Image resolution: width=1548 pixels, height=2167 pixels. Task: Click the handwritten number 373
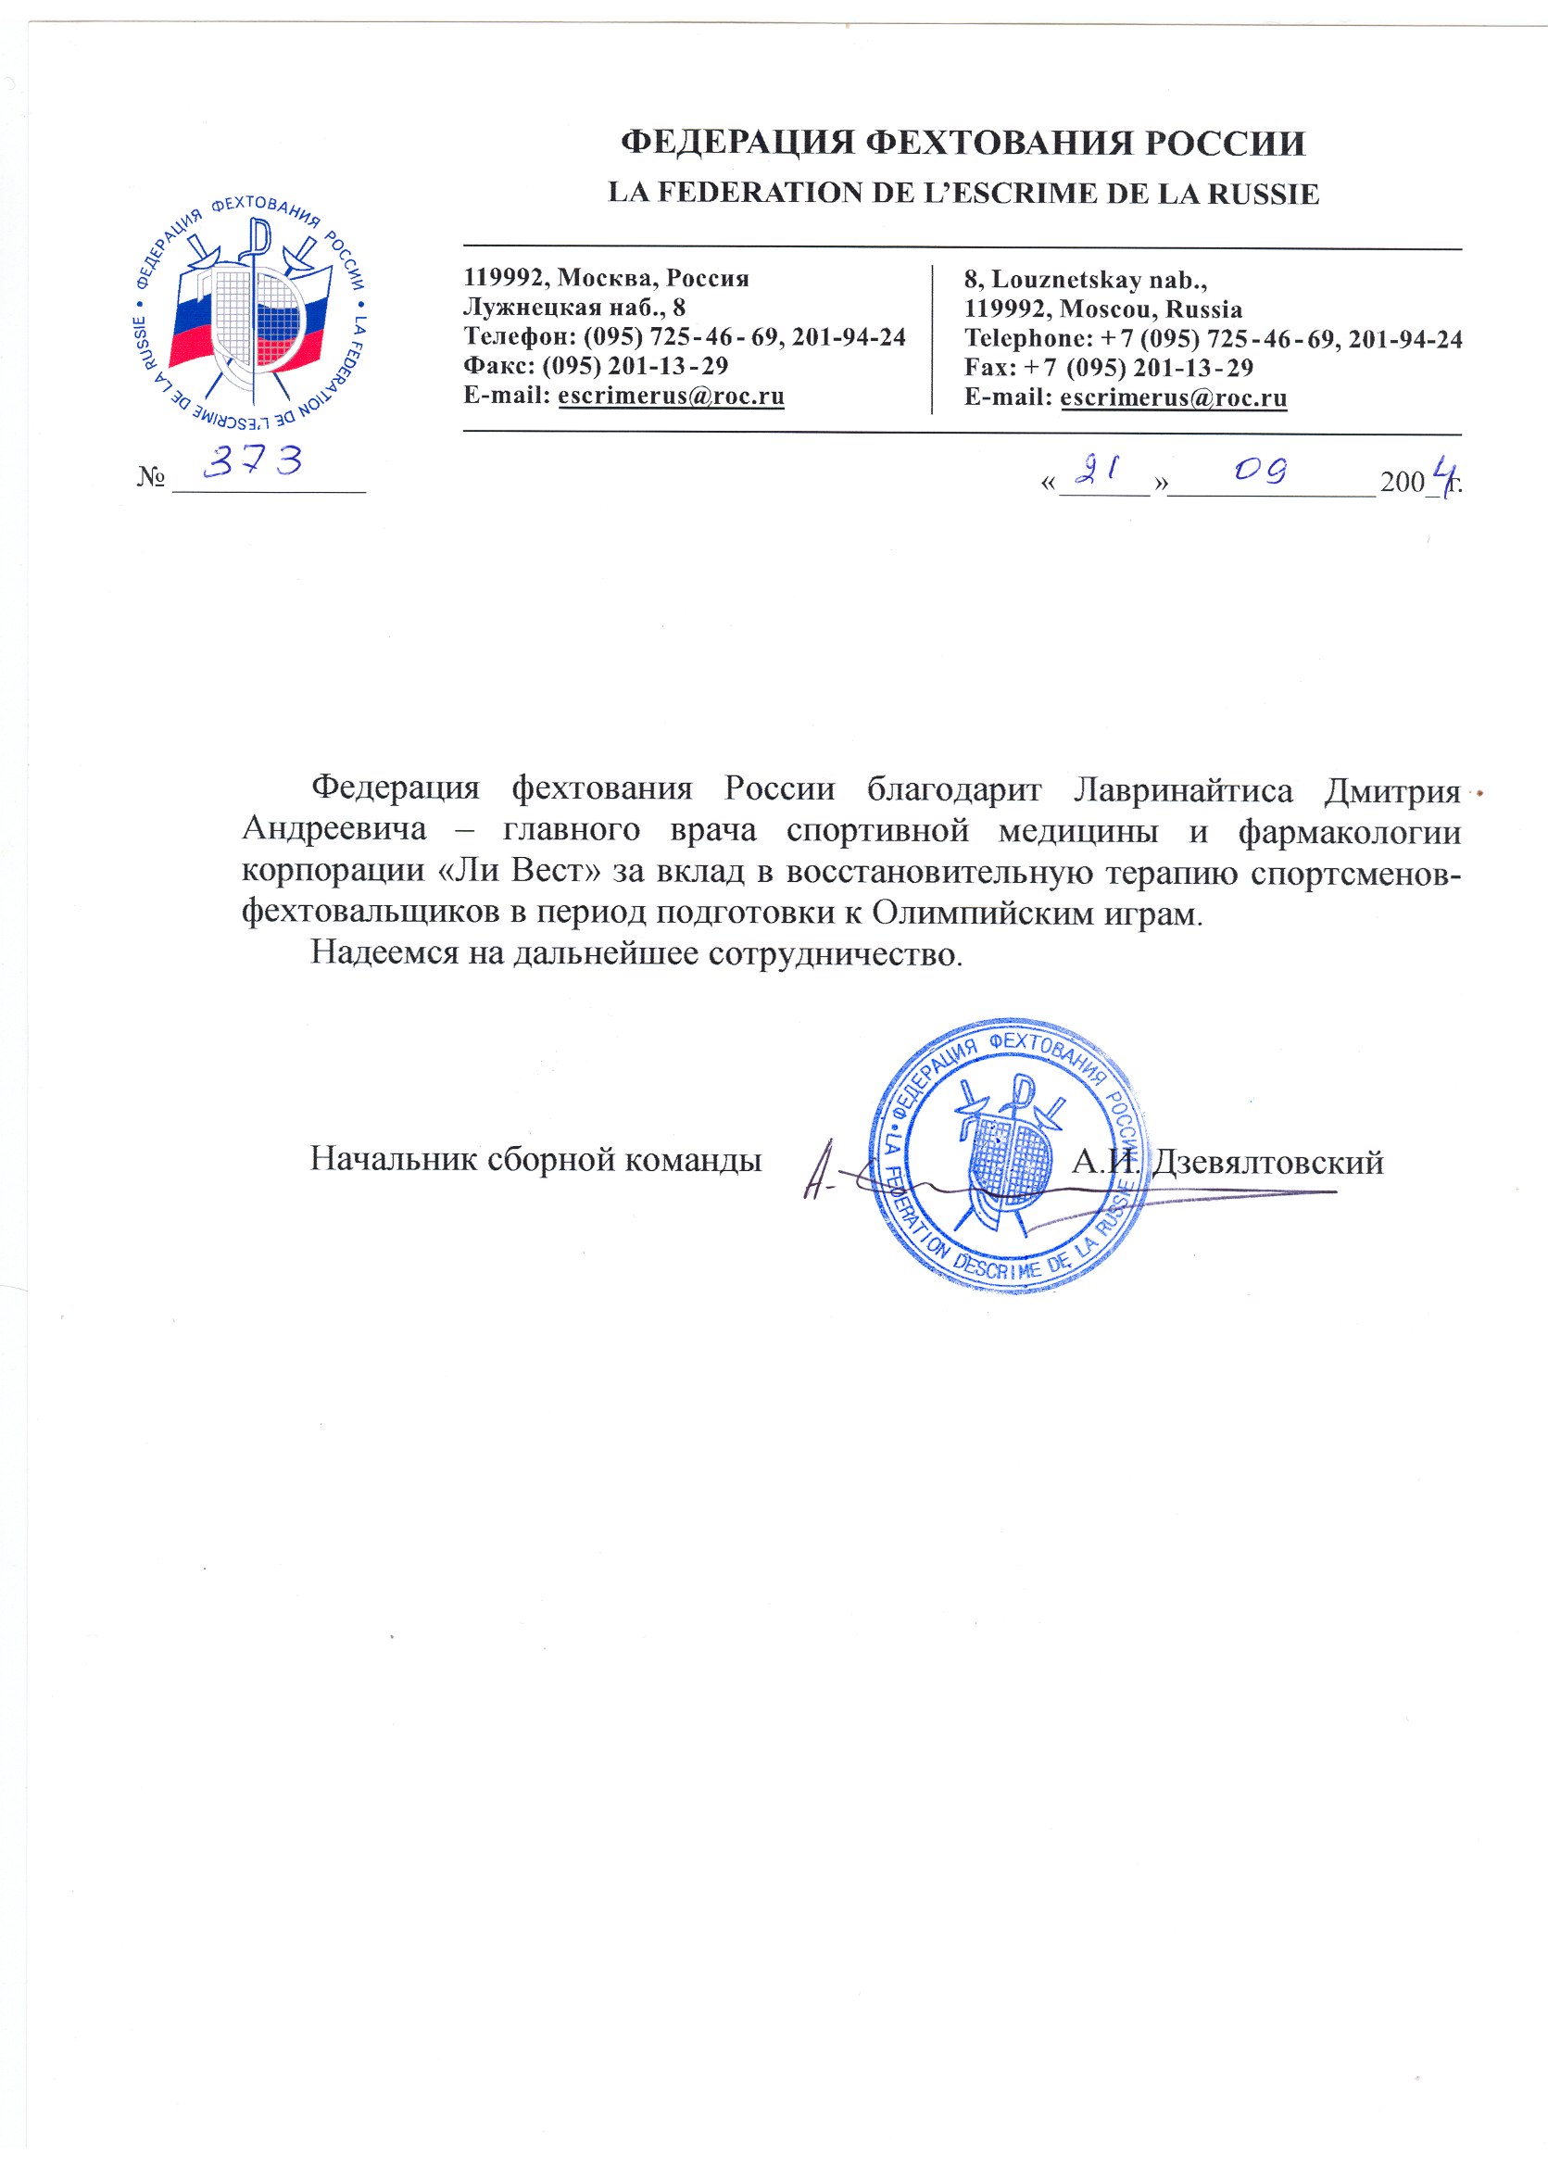coord(255,461)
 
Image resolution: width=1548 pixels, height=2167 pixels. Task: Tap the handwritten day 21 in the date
coord(1096,469)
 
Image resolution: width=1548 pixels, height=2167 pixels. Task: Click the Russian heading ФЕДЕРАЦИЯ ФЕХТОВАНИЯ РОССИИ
coord(963,143)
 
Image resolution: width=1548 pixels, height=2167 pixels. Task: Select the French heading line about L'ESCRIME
coord(963,194)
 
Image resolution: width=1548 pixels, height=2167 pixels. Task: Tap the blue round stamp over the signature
coord(1009,1154)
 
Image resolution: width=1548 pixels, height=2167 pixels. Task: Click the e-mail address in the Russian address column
coord(671,396)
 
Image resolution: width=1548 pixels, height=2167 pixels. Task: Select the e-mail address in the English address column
coord(1174,397)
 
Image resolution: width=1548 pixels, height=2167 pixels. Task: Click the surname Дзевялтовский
coord(1267,1162)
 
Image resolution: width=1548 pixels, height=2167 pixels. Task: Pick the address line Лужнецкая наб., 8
coord(573,307)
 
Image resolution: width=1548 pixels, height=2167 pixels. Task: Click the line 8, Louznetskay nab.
coord(1086,280)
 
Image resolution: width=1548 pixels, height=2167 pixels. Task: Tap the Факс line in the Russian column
coord(596,366)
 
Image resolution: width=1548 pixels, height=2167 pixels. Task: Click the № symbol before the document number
coord(152,477)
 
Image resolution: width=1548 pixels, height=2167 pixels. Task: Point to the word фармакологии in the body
coord(1349,831)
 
